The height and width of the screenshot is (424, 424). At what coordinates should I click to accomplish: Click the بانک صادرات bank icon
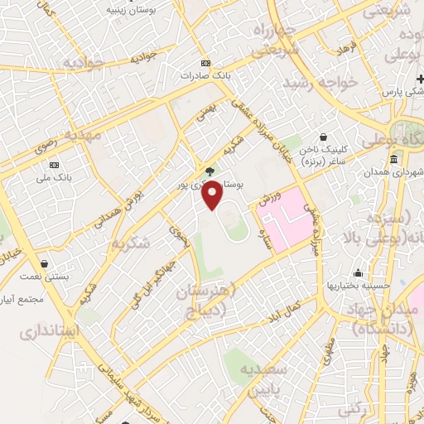point(206,63)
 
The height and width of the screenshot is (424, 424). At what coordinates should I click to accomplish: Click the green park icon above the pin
point(211,171)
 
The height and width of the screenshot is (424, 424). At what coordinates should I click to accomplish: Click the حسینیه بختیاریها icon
point(358,272)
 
